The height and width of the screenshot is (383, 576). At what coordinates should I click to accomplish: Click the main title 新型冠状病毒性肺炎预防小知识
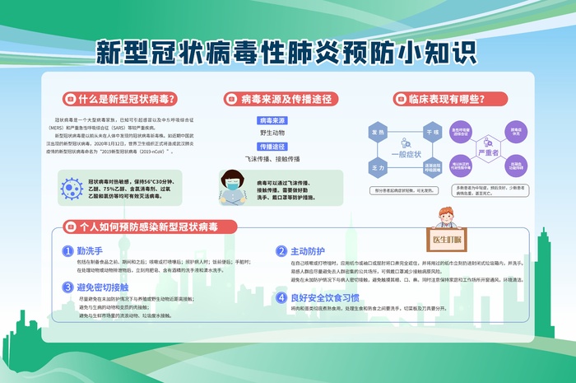pyautogui.click(x=287, y=51)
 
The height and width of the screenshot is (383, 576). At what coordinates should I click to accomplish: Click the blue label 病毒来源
pyautogui.click(x=272, y=121)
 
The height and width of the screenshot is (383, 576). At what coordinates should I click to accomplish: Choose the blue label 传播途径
pyautogui.click(x=272, y=146)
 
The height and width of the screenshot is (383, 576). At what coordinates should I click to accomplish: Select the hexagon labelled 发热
pyautogui.click(x=378, y=132)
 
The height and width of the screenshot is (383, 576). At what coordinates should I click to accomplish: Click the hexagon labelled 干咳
pyautogui.click(x=431, y=132)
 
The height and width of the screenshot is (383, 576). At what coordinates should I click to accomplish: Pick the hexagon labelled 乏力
pyautogui.click(x=378, y=166)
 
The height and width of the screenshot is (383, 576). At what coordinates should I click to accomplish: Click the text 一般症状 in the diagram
pyautogui.click(x=405, y=153)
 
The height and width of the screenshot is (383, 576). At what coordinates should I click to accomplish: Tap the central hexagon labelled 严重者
pyautogui.click(x=486, y=152)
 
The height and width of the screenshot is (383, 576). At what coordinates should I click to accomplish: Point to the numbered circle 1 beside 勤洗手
pyautogui.click(x=68, y=250)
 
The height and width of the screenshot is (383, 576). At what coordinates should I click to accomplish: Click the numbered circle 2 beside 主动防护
pyautogui.click(x=280, y=250)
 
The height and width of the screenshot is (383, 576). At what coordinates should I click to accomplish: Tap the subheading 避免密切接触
pyautogui.click(x=103, y=287)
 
